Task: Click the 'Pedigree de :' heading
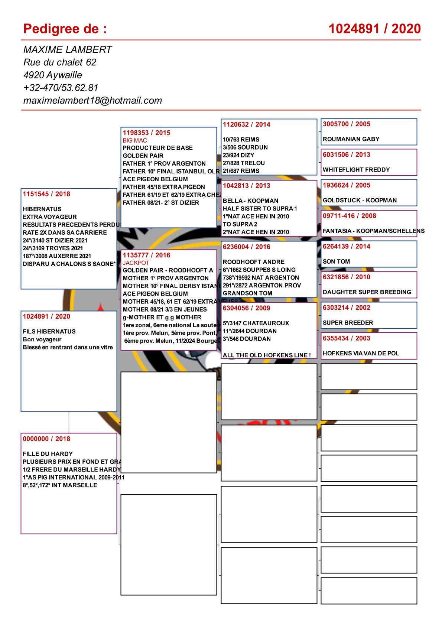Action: tap(65, 29)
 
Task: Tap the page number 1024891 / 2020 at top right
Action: tap(374, 29)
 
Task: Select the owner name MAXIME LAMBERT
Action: tap(67, 50)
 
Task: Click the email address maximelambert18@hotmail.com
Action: tap(92, 101)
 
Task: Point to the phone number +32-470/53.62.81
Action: tap(61, 88)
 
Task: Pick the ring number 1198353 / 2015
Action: tap(146, 133)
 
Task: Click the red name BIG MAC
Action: tap(135, 140)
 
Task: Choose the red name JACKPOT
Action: tap(136, 263)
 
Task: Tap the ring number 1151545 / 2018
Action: tap(46, 194)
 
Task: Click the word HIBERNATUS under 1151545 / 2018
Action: tap(42, 209)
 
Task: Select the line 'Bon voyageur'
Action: tap(42, 339)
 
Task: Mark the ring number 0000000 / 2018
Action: tap(46, 439)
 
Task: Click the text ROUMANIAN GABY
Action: tap(351, 139)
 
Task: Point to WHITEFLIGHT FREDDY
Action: tap(356, 170)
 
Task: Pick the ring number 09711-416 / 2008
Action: tap(349, 216)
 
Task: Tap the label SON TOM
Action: tap(336, 261)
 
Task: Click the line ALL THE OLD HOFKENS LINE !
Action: tap(267, 355)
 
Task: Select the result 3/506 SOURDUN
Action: tap(245, 147)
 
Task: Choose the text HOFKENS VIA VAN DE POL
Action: tap(361, 353)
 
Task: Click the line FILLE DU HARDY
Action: tap(48, 454)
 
